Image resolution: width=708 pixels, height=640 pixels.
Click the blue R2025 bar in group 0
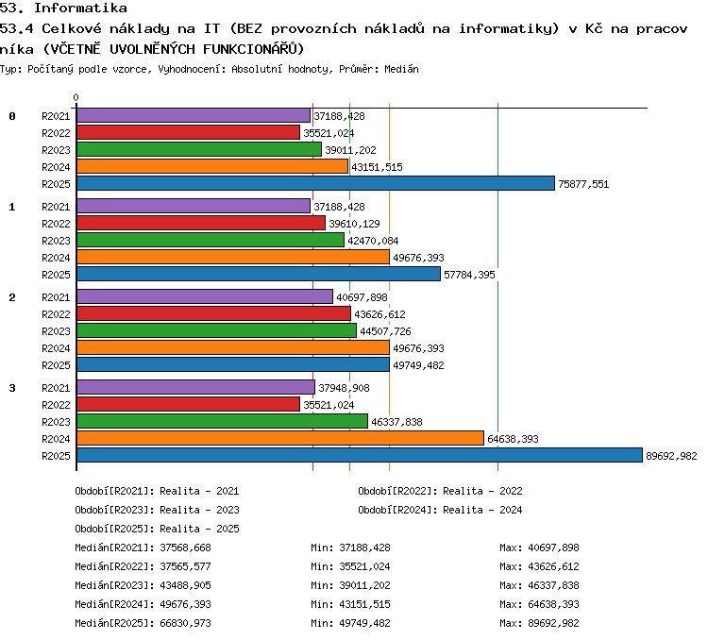tap(315, 183)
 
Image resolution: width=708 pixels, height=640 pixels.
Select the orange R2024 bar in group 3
tap(280, 438)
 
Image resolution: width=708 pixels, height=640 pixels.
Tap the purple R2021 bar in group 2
tap(205, 296)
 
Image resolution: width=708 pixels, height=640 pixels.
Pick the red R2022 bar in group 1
tap(201, 223)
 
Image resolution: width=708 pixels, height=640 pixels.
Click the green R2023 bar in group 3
tap(222, 421)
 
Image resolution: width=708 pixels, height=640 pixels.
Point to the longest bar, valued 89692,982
tap(360, 455)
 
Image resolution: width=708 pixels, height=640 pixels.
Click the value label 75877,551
tap(583, 184)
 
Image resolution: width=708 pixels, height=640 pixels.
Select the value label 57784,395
tap(469, 275)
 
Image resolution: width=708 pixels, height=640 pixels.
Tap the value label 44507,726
tap(385, 331)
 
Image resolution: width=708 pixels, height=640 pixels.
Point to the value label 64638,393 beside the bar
tap(513, 439)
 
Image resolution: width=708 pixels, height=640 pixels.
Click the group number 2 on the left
tap(12, 297)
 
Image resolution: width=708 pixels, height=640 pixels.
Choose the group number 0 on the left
tap(12, 116)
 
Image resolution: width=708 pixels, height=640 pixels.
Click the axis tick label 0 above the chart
tap(76, 97)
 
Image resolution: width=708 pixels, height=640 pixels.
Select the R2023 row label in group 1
tap(56, 241)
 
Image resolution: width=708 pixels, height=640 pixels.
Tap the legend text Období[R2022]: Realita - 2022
tap(440, 491)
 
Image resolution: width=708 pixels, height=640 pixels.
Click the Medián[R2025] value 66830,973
tap(186, 623)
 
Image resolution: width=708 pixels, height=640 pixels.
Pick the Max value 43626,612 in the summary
tap(553, 566)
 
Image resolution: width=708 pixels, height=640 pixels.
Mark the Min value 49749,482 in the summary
tap(364, 623)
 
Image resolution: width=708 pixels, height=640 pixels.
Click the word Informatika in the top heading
tap(81, 8)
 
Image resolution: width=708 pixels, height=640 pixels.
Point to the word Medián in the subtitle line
tap(401, 69)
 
